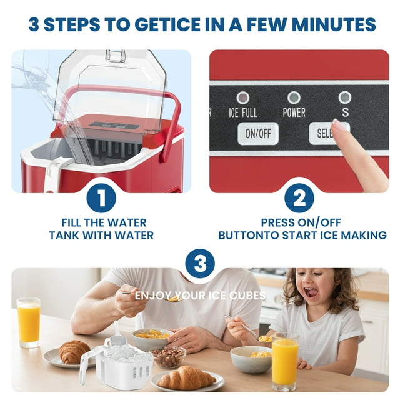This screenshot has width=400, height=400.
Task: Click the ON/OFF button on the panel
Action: [258, 133]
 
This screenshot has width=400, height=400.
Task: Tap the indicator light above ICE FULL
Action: [243, 97]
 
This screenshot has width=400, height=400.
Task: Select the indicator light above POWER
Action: [294, 97]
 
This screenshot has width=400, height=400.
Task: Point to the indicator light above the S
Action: [345, 97]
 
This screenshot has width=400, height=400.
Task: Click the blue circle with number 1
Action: [101, 198]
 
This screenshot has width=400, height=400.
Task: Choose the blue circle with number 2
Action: [299, 198]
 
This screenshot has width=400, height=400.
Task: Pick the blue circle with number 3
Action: [200, 263]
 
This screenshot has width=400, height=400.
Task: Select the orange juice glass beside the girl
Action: [285, 362]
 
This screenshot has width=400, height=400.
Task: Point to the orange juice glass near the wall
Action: [28, 322]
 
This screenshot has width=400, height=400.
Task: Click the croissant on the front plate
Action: [186, 377]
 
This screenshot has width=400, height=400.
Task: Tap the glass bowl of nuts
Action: [167, 357]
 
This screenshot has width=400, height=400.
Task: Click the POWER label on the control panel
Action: [294, 112]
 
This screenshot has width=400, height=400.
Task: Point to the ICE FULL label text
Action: [243, 112]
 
